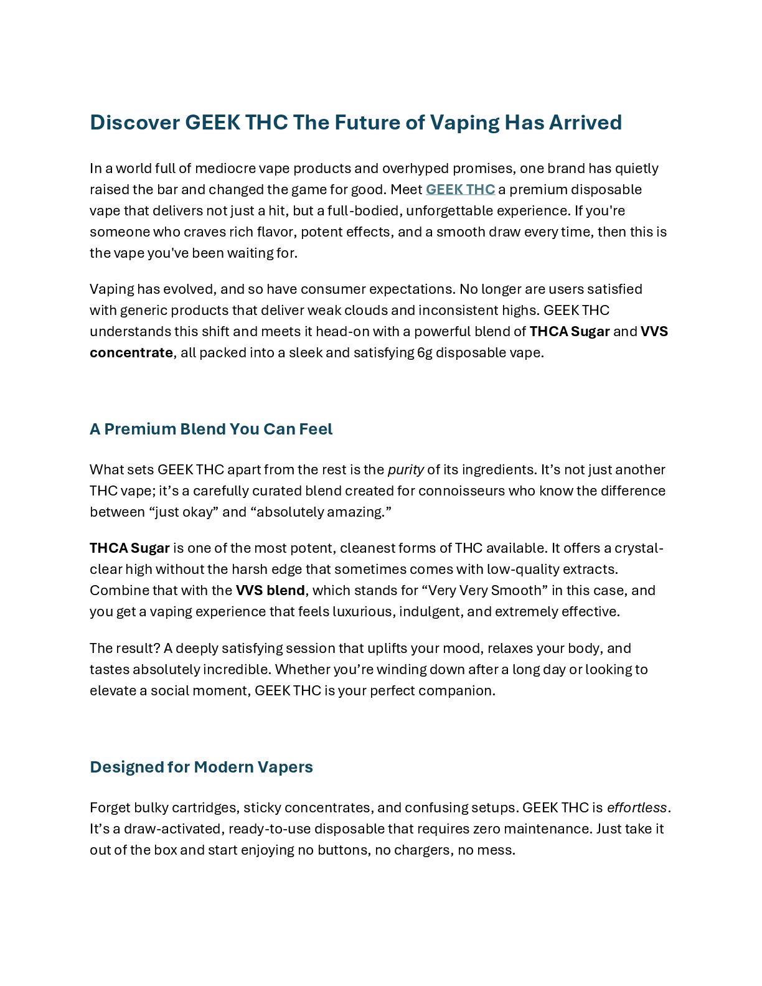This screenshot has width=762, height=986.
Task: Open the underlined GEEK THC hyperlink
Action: [x=460, y=189]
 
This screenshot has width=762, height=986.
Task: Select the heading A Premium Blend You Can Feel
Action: [x=211, y=429]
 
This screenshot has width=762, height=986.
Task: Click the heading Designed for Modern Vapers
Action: [x=201, y=767]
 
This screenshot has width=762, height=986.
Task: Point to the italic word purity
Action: [x=405, y=469]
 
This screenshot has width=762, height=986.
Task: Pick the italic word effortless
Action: [x=637, y=807]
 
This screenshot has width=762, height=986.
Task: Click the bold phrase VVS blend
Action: [x=270, y=590]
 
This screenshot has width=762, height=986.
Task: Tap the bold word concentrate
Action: [x=131, y=352]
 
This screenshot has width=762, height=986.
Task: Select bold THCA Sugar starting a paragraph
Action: [x=129, y=548]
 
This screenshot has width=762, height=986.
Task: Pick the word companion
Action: [x=456, y=690]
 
